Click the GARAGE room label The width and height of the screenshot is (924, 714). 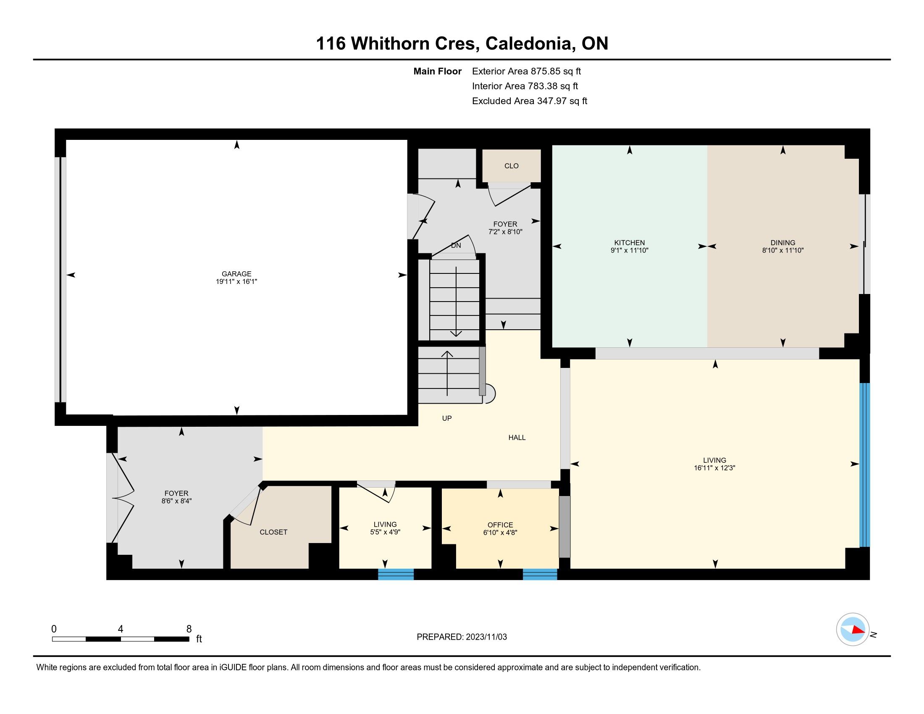pyautogui.click(x=236, y=274)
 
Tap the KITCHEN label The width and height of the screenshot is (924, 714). pyautogui.click(x=630, y=243)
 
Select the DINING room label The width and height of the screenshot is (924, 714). pyautogui.click(x=783, y=243)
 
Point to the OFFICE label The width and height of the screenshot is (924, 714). pyautogui.click(x=500, y=525)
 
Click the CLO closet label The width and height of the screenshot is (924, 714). pyautogui.click(x=512, y=166)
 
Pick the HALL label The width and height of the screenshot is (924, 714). pyautogui.click(x=517, y=437)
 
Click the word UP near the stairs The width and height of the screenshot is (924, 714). pyautogui.click(x=447, y=418)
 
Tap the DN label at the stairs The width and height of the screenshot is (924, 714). pyautogui.click(x=456, y=245)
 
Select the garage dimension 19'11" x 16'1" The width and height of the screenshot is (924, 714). pyautogui.click(x=236, y=281)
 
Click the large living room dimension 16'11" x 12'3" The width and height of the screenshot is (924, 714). pyautogui.click(x=714, y=468)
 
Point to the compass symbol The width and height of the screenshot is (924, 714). pyautogui.click(x=853, y=630)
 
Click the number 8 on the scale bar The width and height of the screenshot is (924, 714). pyautogui.click(x=189, y=629)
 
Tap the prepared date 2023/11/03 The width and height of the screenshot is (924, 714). pyautogui.click(x=486, y=637)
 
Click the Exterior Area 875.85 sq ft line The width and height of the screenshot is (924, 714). pyautogui.click(x=526, y=71)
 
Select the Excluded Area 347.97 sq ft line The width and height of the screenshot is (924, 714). pyautogui.click(x=530, y=101)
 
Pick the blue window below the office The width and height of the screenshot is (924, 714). pyautogui.click(x=540, y=574)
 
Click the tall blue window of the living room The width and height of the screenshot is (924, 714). pyautogui.click(x=865, y=465)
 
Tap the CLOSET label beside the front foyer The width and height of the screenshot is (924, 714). pyautogui.click(x=273, y=532)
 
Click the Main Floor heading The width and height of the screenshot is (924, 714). pyautogui.click(x=438, y=71)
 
